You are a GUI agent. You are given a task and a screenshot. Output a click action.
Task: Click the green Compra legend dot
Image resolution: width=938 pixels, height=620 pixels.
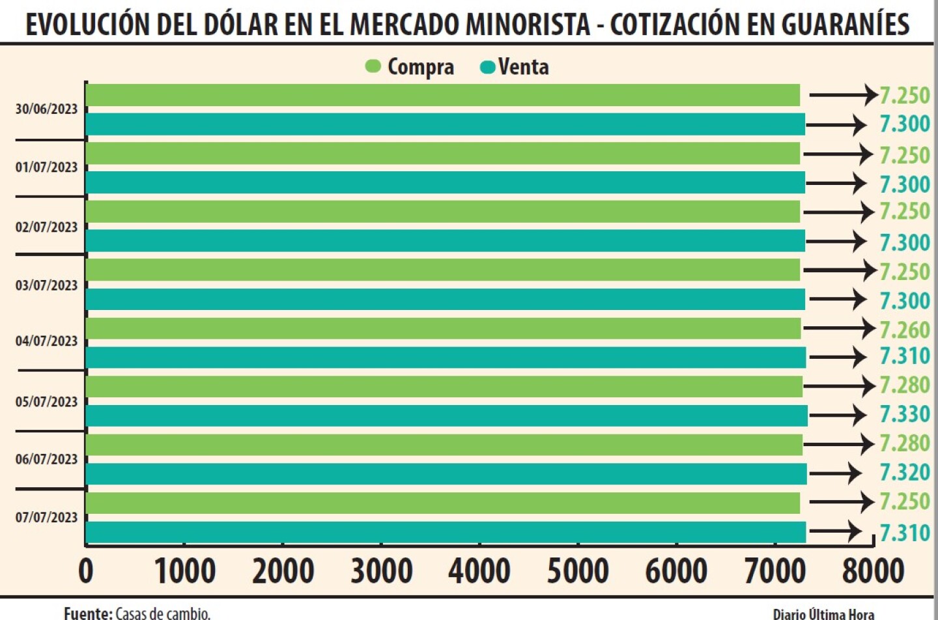coord(373,66)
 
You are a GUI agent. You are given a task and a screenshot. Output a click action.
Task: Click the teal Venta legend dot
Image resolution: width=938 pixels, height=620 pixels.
coord(487,67)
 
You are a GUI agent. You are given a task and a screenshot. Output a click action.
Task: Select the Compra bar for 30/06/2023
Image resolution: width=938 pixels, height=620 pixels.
coord(443,95)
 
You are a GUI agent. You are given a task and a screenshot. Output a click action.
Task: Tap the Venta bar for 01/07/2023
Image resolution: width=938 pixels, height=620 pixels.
coord(446,183)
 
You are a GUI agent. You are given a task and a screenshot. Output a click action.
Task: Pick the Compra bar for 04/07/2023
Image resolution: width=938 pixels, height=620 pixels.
coord(443,328)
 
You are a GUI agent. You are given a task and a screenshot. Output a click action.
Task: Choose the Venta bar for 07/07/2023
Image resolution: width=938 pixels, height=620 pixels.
coord(446,532)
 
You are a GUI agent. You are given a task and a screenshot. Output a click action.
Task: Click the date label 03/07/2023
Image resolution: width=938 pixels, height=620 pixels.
coord(46,285)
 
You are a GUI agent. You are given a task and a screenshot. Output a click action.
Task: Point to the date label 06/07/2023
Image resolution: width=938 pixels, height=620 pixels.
coord(46,459)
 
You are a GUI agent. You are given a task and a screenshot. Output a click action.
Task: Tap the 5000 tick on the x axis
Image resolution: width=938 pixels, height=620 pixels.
coord(578,571)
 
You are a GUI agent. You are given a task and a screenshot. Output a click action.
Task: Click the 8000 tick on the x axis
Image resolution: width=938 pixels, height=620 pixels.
coord(873,571)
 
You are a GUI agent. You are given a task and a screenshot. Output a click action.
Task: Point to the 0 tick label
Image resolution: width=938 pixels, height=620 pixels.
coord(86,571)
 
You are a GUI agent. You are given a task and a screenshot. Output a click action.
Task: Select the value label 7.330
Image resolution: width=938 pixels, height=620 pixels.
coord(905,414)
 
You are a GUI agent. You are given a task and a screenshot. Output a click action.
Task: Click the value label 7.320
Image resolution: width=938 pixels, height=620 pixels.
coord(905,472)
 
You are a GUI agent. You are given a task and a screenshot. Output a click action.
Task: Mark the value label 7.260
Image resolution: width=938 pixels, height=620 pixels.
coord(905,330)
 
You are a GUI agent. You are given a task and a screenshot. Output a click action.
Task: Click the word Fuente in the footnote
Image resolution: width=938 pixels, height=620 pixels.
coord(87,613)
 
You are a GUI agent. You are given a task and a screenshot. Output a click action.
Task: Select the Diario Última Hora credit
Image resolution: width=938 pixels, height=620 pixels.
coord(823,613)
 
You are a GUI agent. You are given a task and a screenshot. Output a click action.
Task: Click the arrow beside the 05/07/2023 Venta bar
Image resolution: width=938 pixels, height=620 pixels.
coord(837,415)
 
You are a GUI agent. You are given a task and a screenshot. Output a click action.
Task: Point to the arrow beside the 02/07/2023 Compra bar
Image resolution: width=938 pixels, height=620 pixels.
coord(838,212)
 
